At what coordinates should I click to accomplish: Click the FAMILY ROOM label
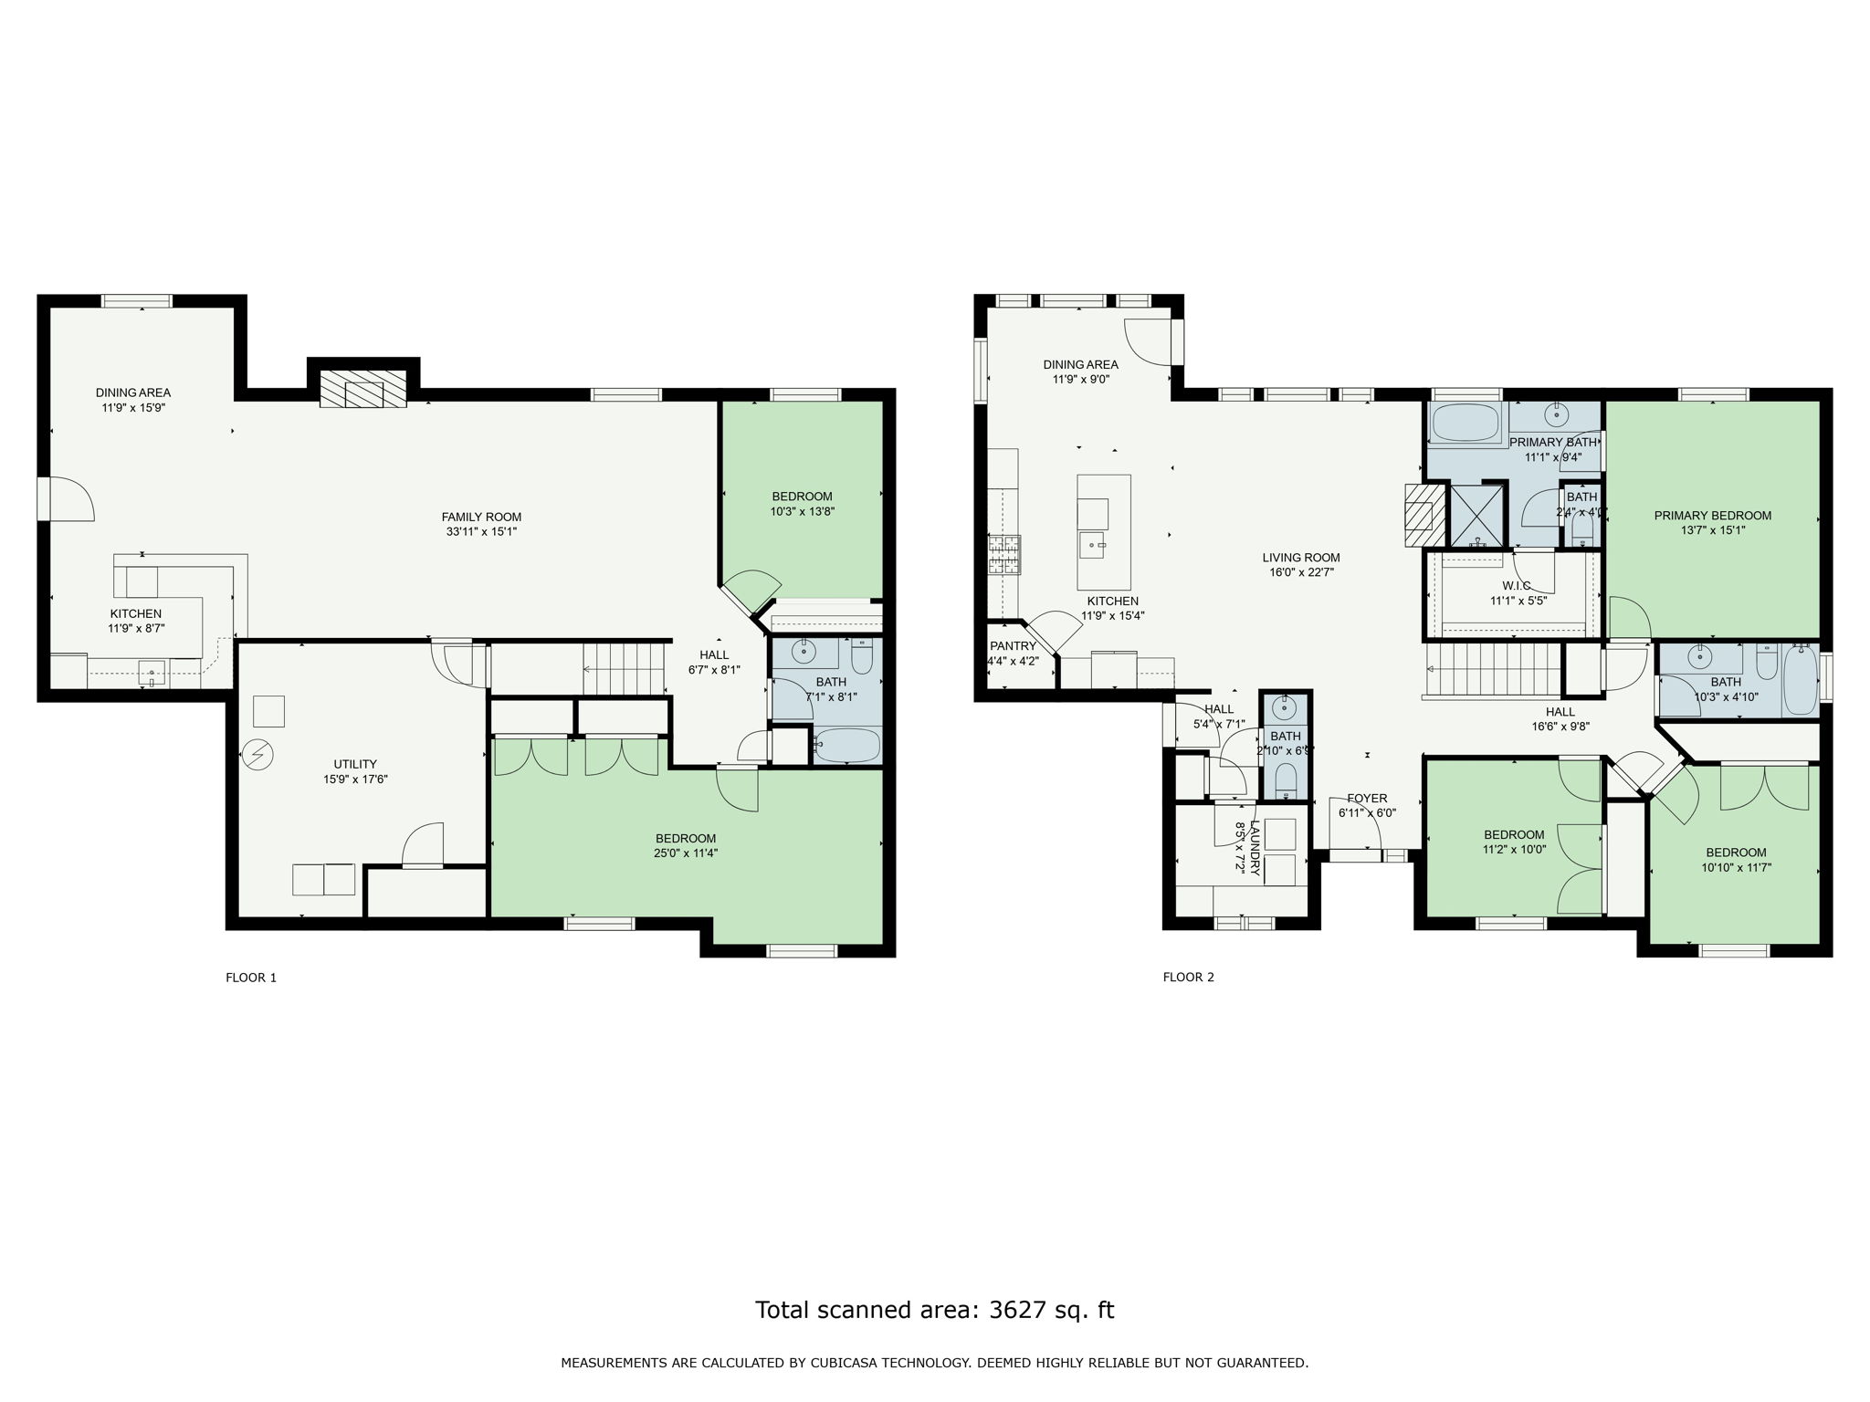pyautogui.click(x=481, y=517)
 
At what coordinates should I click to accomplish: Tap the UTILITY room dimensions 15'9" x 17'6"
pyautogui.click(x=355, y=779)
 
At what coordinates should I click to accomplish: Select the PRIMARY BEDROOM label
pyautogui.click(x=1712, y=515)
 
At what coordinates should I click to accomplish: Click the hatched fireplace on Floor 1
pyautogui.click(x=363, y=390)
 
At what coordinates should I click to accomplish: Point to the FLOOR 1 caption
pyautogui.click(x=251, y=978)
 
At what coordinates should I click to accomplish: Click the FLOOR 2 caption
pyautogui.click(x=1188, y=978)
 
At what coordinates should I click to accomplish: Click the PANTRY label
pyautogui.click(x=1013, y=645)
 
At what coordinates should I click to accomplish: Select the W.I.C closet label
pyautogui.click(x=1516, y=585)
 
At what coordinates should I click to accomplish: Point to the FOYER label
pyautogui.click(x=1366, y=798)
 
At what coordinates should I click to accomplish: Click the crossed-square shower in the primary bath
pyautogui.click(x=1476, y=515)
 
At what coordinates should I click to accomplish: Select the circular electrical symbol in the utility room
pyautogui.click(x=257, y=754)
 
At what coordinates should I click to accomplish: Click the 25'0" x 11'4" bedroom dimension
pyautogui.click(x=685, y=853)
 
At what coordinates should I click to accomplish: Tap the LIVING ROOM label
pyautogui.click(x=1300, y=558)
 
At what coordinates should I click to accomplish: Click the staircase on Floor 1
pyautogui.click(x=624, y=669)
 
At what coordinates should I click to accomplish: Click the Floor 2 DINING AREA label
pyautogui.click(x=1080, y=364)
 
